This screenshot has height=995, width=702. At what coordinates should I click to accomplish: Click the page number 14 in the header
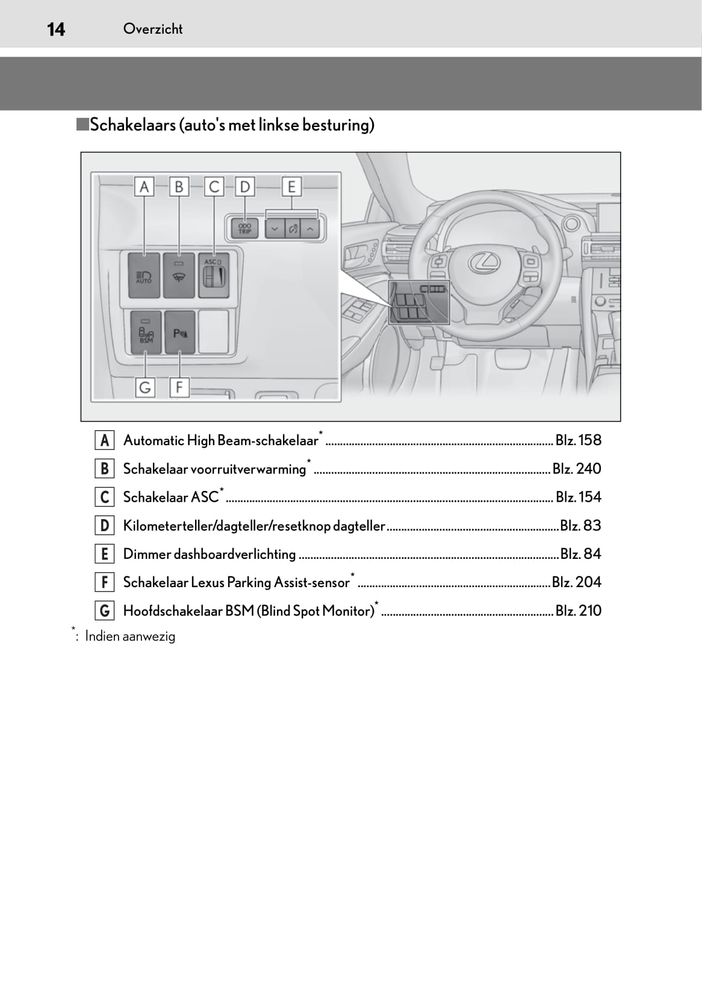[x=56, y=29]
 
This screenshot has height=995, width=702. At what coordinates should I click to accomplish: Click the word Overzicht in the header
[x=152, y=29]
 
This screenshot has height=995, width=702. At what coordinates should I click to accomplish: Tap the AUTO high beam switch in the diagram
[x=144, y=276]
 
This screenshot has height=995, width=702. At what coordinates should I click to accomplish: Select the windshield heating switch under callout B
[x=179, y=276]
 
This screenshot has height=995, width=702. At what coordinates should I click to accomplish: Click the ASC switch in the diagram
[x=214, y=275]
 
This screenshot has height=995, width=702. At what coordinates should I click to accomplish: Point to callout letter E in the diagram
[x=291, y=186]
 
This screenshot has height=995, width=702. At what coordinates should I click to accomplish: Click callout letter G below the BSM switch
[x=144, y=387]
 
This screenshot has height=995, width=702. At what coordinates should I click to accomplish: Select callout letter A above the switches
[x=144, y=186]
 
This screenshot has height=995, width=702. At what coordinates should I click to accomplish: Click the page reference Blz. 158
[x=578, y=440]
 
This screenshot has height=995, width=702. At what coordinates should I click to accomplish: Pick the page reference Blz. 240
[x=577, y=469]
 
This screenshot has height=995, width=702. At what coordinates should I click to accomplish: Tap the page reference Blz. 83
[x=580, y=526]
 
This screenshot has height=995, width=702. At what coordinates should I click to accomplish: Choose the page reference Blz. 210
[x=578, y=611]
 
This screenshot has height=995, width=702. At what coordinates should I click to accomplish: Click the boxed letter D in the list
[x=105, y=526]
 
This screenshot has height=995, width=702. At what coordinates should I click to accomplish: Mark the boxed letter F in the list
[x=105, y=582]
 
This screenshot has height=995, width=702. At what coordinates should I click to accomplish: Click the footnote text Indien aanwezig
[x=130, y=636]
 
